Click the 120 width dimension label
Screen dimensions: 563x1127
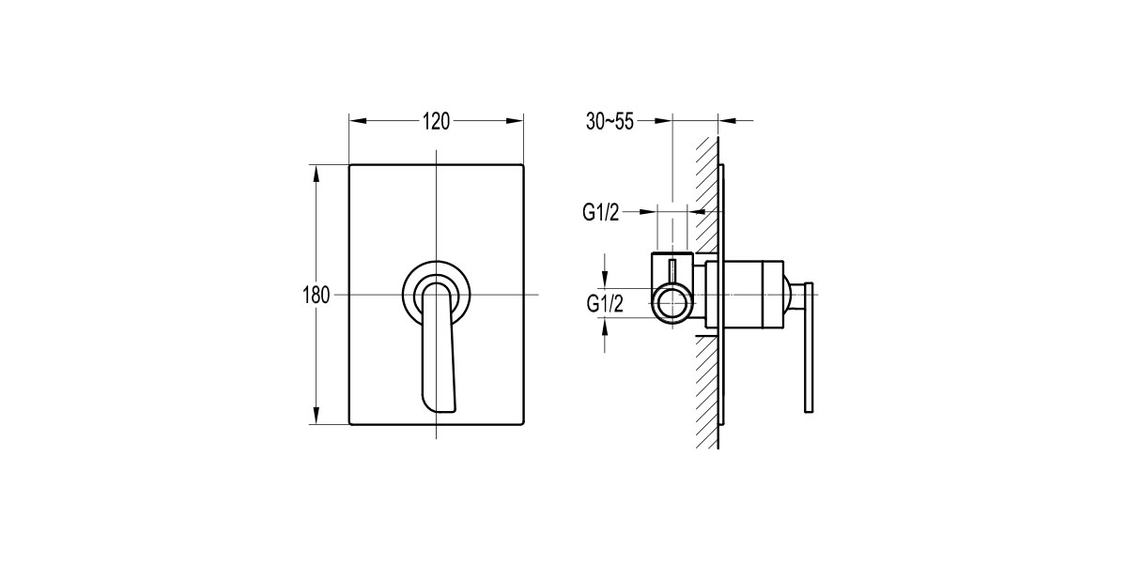point(436,121)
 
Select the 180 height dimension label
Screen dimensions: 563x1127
point(316,296)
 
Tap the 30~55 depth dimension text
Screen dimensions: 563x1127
point(610,121)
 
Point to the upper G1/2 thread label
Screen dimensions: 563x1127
point(600,214)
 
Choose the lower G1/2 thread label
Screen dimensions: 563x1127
point(603,303)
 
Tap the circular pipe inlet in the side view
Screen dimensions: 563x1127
point(672,305)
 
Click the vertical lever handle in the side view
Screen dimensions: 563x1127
point(808,347)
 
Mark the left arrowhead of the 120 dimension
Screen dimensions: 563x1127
point(357,120)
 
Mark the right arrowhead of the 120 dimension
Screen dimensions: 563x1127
point(516,120)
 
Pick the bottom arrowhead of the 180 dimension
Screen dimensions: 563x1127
point(316,418)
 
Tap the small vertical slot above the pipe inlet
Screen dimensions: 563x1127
point(672,271)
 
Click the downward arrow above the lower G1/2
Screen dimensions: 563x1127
point(607,279)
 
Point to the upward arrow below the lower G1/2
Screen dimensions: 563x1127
point(607,327)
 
